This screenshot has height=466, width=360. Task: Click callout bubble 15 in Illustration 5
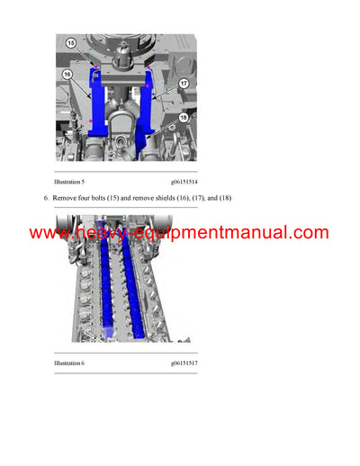pyautogui.click(x=70, y=42)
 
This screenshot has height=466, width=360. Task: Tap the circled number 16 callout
pyautogui.click(x=67, y=77)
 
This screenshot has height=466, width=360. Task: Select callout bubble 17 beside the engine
pyautogui.click(x=184, y=83)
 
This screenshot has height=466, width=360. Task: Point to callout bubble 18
pyautogui.click(x=184, y=116)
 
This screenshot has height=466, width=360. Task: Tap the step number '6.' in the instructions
pyautogui.click(x=45, y=197)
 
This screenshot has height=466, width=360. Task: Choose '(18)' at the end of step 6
pyautogui.click(x=223, y=197)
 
